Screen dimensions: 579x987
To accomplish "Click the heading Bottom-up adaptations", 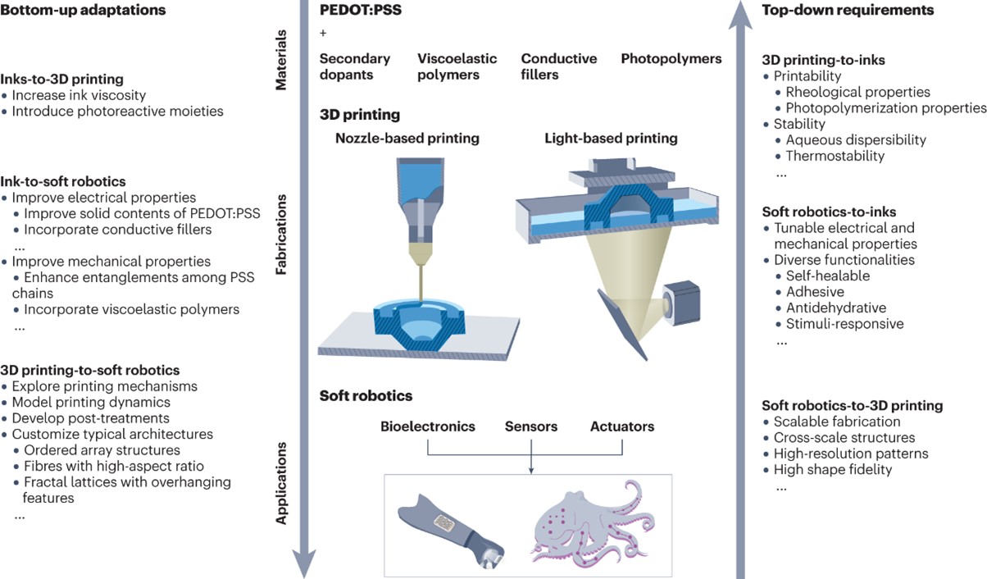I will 84,11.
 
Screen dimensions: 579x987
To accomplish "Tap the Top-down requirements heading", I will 848,11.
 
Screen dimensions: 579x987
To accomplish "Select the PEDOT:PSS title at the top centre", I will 359,11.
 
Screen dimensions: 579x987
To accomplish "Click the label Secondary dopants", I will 354,66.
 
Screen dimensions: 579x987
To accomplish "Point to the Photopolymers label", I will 671,59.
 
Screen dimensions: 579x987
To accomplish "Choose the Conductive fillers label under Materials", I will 558,66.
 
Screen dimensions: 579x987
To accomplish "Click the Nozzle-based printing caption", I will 407,139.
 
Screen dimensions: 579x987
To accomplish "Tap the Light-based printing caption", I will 611,139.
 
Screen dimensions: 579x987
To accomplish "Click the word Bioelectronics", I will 427,426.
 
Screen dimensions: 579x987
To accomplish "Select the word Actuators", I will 621,426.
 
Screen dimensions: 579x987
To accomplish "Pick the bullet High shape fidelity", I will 832,470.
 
